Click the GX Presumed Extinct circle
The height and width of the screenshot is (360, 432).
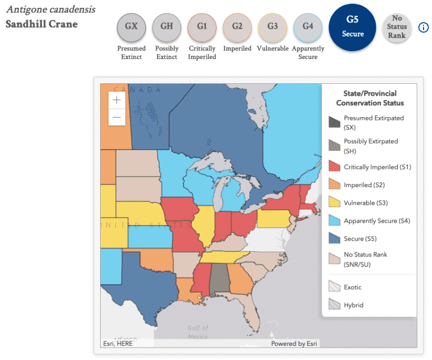coord(132,26)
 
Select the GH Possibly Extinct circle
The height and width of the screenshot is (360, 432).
coord(166,26)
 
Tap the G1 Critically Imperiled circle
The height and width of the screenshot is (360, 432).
coord(202,26)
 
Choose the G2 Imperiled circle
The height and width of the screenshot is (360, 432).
coord(237,26)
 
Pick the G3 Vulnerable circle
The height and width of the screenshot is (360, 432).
coord(272,26)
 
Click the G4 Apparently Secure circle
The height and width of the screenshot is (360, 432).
coord(308,26)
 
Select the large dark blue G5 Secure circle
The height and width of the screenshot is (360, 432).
coord(352,26)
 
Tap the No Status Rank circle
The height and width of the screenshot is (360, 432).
coord(397,26)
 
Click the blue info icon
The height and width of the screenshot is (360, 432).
coord(424,28)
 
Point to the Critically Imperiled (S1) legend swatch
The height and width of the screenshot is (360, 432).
coord(334,167)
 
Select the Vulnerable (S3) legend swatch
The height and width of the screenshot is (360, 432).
coord(334,202)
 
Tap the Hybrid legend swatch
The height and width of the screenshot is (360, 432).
coord(334,305)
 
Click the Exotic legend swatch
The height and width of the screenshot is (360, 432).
coord(334,287)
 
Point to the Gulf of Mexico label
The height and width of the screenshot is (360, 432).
coord(197,332)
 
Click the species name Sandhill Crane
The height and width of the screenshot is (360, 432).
coord(42,24)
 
